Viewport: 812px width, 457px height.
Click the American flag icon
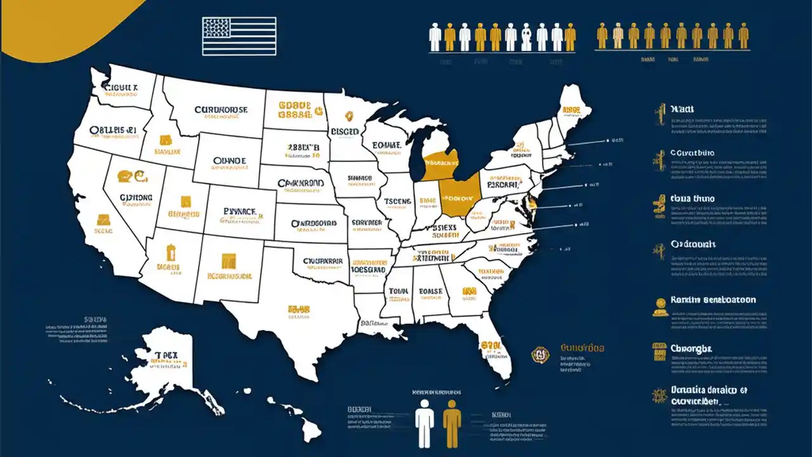[x=239, y=36]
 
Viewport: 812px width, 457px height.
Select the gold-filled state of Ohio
[x=457, y=197]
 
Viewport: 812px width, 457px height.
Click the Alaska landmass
[x=162, y=368]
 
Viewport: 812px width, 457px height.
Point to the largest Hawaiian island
[x=310, y=430]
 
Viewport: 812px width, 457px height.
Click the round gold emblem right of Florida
[x=540, y=354]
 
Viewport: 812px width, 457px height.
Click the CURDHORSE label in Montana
[x=221, y=110]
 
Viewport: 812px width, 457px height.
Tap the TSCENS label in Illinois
[x=398, y=202]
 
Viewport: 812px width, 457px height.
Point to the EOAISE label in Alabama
[x=431, y=292]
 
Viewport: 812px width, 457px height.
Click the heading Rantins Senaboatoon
[x=712, y=300]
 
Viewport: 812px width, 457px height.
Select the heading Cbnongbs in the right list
[x=691, y=348]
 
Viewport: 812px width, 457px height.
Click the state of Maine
[x=573, y=111]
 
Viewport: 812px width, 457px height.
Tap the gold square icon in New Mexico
[x=228, y=261]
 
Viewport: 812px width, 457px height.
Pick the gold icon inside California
[x=103, y=220]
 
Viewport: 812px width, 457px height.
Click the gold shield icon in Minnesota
[x=348, y=116]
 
